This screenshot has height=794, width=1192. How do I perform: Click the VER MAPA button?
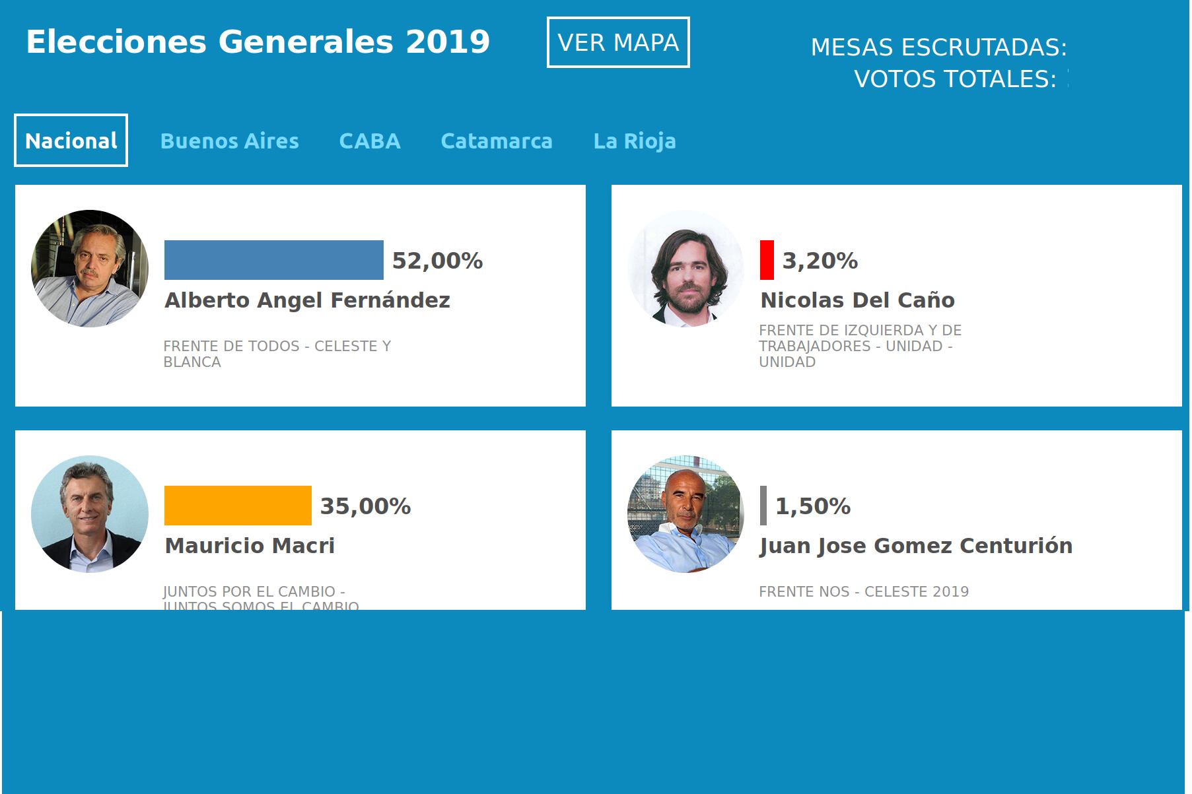point(618,42)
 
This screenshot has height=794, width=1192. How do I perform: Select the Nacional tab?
point(71,141)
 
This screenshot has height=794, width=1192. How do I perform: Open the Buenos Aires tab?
point(229,141)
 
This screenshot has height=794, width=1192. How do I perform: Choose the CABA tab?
point(370,141)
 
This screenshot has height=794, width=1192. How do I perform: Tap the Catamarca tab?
point(497,141)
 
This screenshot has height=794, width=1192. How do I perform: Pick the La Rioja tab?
point(635,141)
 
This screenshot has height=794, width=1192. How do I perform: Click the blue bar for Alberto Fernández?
point(273,260)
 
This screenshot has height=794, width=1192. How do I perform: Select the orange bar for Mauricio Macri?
point(238,506)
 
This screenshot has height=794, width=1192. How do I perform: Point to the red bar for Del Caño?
point(767,260)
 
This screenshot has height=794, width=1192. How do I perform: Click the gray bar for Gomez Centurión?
point(763,506)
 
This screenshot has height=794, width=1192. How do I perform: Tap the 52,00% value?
point(437,261)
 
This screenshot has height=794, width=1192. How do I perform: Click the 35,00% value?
point(365,506)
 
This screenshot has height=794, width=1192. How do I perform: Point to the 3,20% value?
point(820,261)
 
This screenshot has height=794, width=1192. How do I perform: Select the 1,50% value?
point(812,506)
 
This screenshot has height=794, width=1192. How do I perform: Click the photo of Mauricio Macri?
point(90,513)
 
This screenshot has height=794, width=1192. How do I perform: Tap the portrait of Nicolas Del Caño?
point(685,268)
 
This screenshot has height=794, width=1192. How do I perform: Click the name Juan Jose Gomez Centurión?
point(916,546)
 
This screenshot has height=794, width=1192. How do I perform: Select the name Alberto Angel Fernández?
point(307,300)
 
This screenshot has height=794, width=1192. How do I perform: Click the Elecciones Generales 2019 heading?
point(258,42)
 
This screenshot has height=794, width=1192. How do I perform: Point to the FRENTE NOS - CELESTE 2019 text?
point(864,591)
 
